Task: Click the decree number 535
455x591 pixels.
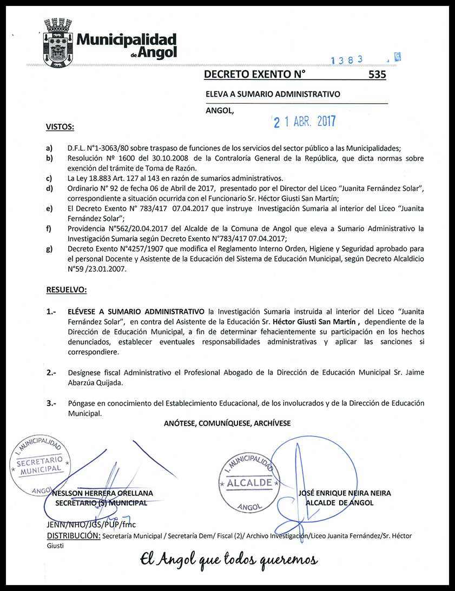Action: click(377, 75)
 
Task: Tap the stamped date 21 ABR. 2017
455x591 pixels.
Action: click(305, 122)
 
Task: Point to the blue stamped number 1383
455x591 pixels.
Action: click(347, 60)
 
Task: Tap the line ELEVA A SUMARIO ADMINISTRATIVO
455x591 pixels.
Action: click(273, 94)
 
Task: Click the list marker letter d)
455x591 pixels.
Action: click(50, 188)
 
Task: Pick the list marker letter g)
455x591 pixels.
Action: click(50, 249)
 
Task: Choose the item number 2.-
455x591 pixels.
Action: click(52, 373)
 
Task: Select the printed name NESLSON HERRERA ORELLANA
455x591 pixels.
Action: click(103, 493)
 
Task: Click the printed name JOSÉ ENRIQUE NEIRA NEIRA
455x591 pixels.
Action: click(345, 493)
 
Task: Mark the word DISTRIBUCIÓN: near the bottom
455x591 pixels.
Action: click(74, 536)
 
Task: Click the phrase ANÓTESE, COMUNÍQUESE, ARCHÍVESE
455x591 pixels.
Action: click(227, 424)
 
